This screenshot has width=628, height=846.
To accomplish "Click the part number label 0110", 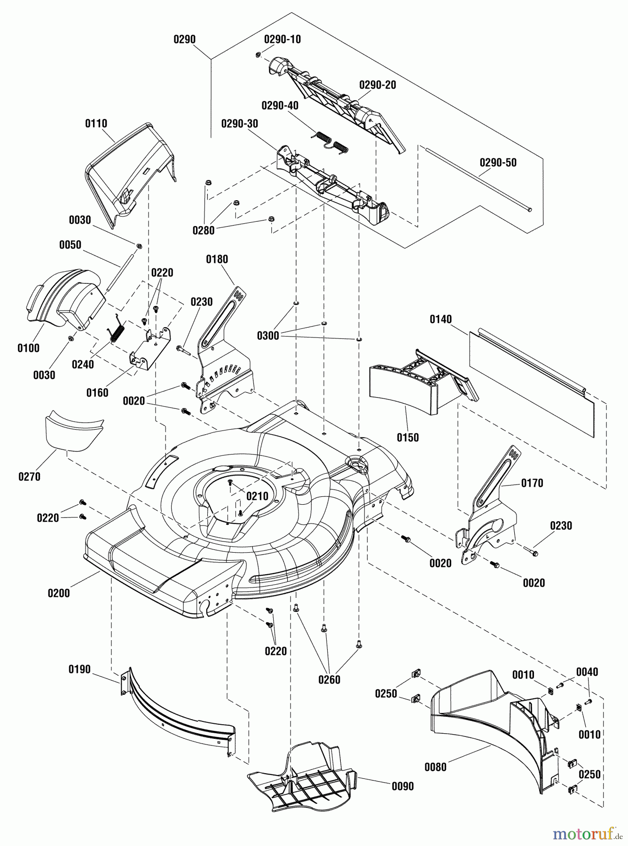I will pos(96,124).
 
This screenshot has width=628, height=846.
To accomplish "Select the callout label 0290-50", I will pos(498,163).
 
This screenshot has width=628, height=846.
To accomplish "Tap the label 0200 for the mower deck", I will pos(59,593).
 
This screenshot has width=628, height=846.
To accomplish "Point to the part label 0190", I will pos(79,669).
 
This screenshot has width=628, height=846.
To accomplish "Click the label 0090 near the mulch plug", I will pos(402,786).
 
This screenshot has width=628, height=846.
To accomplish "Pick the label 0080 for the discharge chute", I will pos(435,767).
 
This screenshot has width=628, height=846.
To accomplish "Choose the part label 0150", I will pos(408,437).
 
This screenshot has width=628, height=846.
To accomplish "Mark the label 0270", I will pos(30,477).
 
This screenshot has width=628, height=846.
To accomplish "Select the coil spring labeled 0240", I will pos(117,327).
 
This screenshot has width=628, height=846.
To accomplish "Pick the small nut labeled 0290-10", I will pos(258,55).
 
